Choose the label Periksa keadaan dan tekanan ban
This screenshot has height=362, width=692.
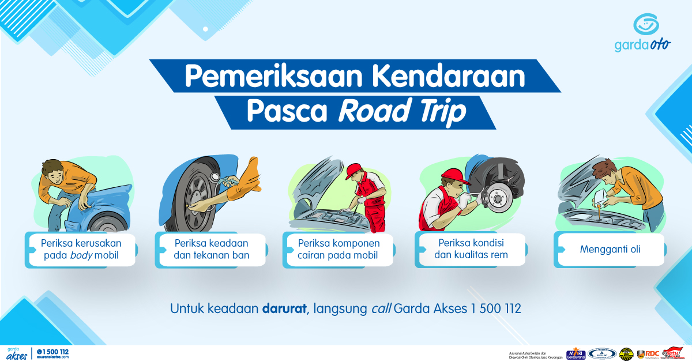[212, 248]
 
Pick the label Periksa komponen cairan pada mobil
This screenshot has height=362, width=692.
[338, 248]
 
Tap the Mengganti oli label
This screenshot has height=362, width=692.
[610, 250]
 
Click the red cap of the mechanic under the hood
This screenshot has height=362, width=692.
[354, 168]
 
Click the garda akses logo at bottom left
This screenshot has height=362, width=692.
[17, 353]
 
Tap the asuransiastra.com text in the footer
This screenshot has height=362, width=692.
[52, 357]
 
